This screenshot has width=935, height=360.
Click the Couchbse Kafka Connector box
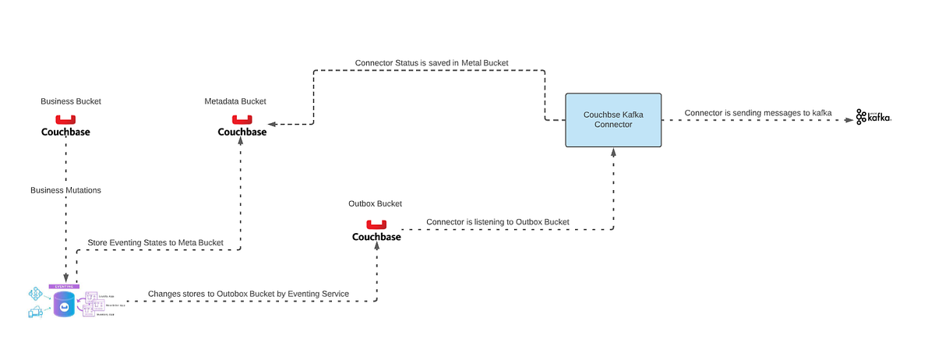point(613,120)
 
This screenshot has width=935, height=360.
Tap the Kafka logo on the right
point(873,117)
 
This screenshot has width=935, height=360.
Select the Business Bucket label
point(71,101)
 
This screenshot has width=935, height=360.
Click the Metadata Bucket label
point(235,101)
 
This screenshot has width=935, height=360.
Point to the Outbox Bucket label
point(375,203)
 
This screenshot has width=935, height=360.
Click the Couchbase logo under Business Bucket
point(65,126)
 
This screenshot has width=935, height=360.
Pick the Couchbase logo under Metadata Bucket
point(242,126)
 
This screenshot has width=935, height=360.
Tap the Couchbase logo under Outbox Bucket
point(376,231)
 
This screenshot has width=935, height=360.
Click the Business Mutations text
point(65,190)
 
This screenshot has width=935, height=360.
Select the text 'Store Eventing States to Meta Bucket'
point(155,243)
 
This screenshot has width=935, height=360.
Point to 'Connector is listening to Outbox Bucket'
point(497,222)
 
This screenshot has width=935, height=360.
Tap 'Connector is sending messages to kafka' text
point(758,113)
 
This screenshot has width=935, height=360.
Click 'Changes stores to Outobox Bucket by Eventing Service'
point(248,294)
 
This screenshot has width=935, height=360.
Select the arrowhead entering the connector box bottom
point(613,153)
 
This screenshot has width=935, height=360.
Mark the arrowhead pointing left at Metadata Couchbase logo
point(272,123)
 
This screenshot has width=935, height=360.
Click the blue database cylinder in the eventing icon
point(64,307)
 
